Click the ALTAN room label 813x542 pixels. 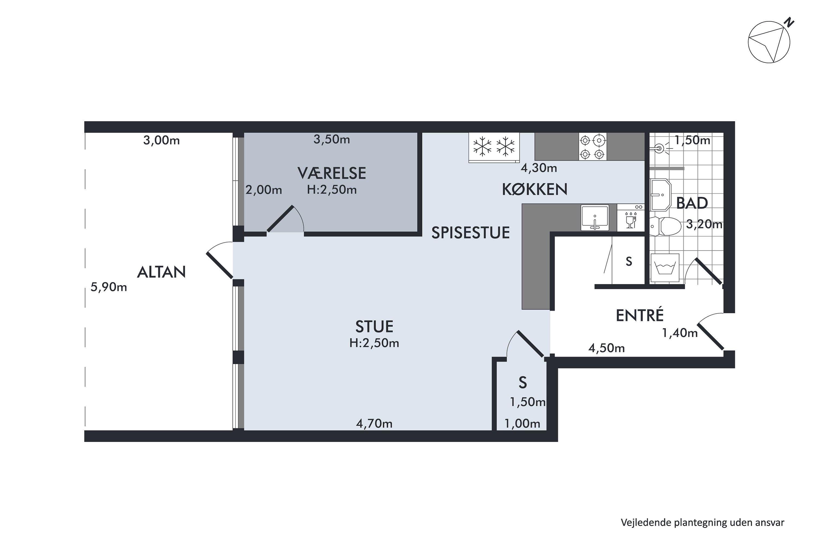[162, 272]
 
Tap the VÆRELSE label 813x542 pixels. [331, 173]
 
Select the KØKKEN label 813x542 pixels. [534, 189]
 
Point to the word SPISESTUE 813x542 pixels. [470, 233]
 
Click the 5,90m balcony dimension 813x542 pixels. [109, 287]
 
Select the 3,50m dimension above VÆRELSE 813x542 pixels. [331, 139]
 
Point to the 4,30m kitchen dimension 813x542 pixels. [539, 168]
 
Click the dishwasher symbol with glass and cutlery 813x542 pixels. [631, 217]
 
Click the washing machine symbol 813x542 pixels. [664, 269]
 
